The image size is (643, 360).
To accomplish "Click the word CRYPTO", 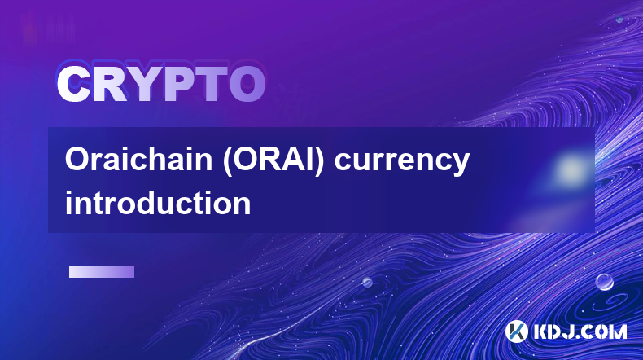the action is click(161, 84).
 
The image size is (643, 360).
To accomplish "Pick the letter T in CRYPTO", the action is click(210, 84).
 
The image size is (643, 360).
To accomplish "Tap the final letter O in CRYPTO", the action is click(247, 84).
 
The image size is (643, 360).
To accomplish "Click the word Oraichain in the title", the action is click(138, 160).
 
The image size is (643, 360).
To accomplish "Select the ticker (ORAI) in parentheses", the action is click(273, 160).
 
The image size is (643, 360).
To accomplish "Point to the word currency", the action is click(402, 162).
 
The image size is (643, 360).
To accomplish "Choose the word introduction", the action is click(158, 203).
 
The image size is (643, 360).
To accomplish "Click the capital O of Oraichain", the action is click(76, 160).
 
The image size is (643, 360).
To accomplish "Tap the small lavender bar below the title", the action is click(102, 272).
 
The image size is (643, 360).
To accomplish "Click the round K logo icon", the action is click(516, 331).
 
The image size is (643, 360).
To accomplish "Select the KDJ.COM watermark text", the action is click(580, 331).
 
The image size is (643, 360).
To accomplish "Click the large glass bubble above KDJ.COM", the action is click(605, 282).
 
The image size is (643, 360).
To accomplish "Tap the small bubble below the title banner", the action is click(367, 282).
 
